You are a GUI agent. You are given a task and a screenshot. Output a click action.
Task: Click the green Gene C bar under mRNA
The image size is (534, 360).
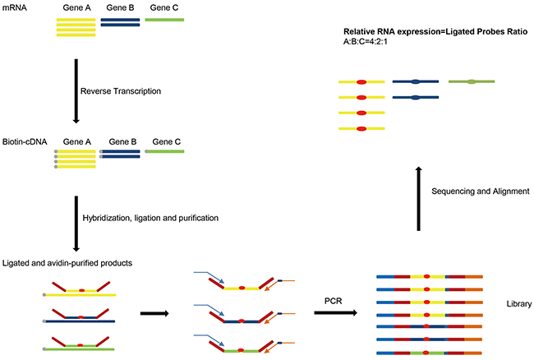[164, 19]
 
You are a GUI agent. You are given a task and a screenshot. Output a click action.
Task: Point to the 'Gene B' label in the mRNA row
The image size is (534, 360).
[120, 7]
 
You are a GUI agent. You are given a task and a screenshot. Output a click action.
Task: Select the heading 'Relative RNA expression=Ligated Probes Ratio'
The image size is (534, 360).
[436, 31]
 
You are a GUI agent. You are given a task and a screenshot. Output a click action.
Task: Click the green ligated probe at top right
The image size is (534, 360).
[472, 82]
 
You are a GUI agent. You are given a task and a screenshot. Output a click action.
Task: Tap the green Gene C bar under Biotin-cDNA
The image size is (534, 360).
[164, 151]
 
